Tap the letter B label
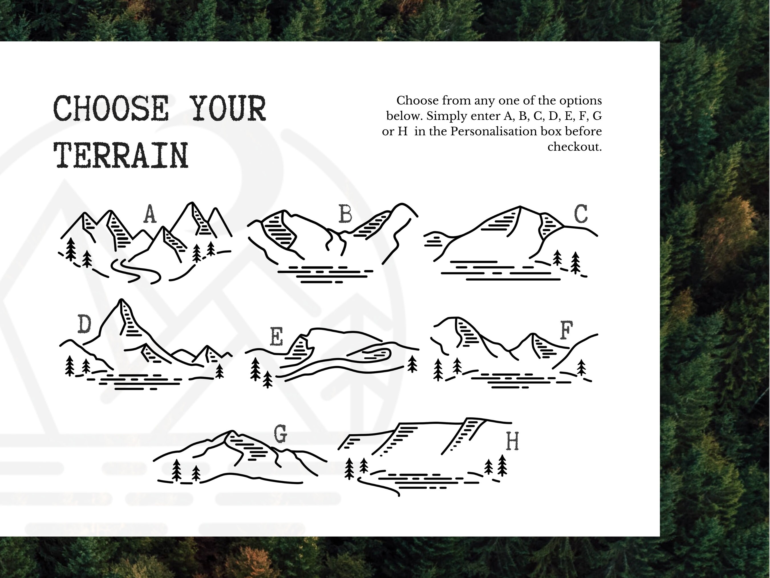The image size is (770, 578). tap(345, 214)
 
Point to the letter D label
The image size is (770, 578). tap(84, 324)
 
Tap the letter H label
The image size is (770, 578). tap(512, 441)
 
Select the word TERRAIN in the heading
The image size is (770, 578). tap(121, 155)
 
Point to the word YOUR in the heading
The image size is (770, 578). tap(229, 109)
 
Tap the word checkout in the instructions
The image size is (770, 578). tap(574, 147)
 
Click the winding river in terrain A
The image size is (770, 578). tap(136, 270)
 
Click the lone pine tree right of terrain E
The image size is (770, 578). tap(412, 363)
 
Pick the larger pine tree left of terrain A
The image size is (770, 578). tap(71, 249)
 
